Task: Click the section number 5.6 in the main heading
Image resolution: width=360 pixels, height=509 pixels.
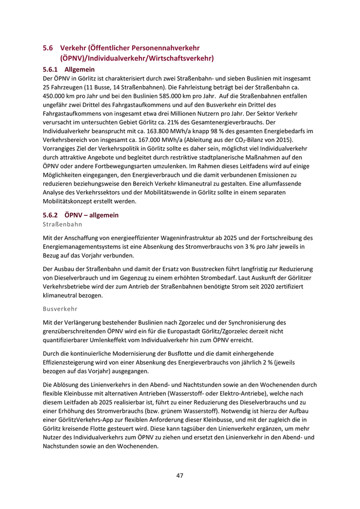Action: (48, 48)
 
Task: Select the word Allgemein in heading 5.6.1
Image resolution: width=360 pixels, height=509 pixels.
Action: (80, 69)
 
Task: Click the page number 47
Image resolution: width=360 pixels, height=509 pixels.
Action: (179, 475)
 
